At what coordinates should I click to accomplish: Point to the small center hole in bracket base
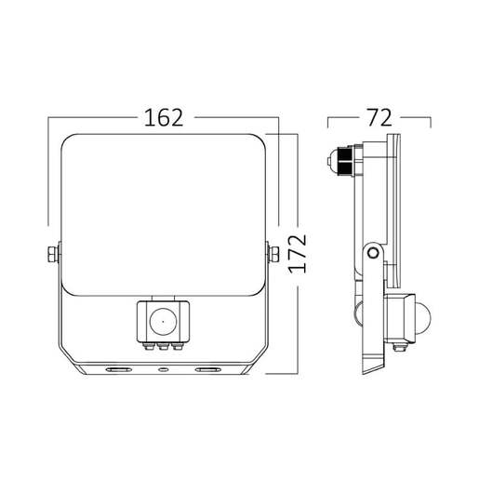pos(164,369)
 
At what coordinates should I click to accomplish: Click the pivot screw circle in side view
pos(372,253)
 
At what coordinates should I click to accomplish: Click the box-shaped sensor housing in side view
pos(402,316)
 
